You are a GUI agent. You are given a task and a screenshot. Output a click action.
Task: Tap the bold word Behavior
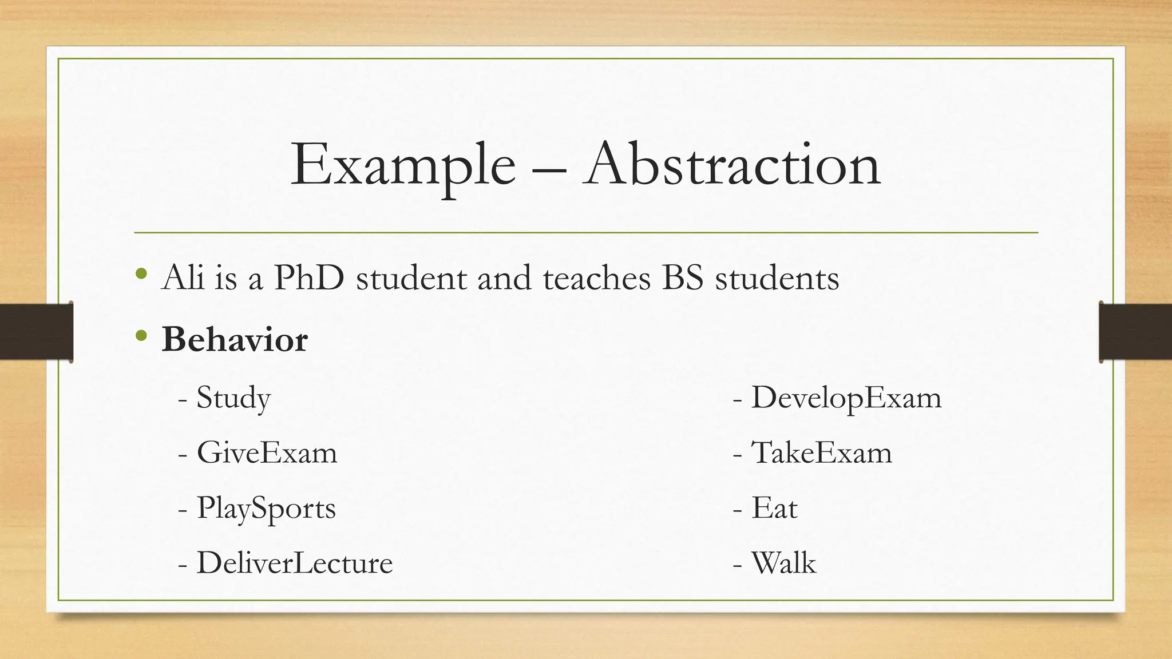pos(235,339)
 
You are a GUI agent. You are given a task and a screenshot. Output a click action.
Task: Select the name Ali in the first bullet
pos(183,278)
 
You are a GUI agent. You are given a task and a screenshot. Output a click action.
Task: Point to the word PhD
pos(309,278)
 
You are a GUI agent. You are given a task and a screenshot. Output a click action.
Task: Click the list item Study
pos(233,398)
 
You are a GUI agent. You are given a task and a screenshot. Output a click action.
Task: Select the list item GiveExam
pos(267,452)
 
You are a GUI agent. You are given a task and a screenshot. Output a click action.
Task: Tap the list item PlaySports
pos(266,508)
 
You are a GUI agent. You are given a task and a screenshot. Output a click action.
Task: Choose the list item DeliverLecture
pos(295,563)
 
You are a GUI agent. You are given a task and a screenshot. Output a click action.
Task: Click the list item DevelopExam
pos(846,398)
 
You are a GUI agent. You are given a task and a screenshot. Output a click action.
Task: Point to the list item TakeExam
pos(821,452)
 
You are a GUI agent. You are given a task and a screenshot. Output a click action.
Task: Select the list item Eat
pos(774,508)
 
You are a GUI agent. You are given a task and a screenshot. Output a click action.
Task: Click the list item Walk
pos(783,563)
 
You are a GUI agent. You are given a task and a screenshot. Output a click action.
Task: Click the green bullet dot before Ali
pos(142,274)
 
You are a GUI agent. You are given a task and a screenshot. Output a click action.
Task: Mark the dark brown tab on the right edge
pos(1135,332)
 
